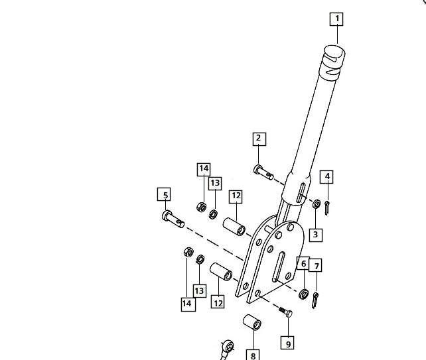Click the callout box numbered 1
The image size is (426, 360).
(x=336, y=19)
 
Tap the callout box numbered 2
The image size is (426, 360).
(x=259, y=139)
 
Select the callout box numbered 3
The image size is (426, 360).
(x=316, y=235)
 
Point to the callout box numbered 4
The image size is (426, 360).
(x=326, y=177)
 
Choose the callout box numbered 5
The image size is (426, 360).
(x=164, y=194)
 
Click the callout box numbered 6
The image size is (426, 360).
(x=303, y=263)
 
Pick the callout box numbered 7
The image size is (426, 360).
(x=315, y=265)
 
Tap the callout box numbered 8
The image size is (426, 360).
(x=253, y=355)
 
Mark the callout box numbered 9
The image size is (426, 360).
(x=287, y=343)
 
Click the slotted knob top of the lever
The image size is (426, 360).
(x=334, y=60)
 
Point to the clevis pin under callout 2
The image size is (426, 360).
(x=263, y=172)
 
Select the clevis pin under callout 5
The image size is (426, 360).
(x=173, y=219)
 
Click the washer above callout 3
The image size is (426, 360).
(x=317, y=204)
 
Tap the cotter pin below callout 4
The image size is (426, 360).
(x=327, y=208)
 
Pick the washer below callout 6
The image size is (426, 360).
(x=303, y=294)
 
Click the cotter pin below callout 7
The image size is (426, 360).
(x=315, y=300)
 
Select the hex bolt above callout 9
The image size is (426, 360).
(x=285, y=312)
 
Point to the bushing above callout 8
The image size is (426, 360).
(x=252, y=322)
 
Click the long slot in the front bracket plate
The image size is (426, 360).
(x=279, y=267)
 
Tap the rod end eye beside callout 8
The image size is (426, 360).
(x=229, y=347)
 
